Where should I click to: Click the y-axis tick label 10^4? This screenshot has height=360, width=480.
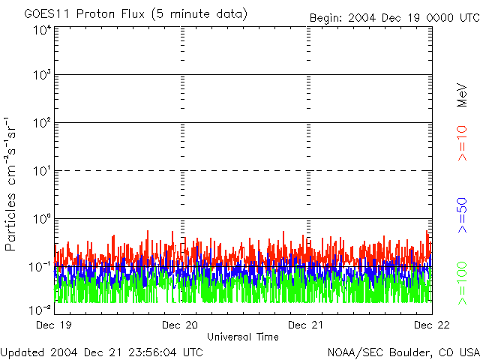coord(42,31)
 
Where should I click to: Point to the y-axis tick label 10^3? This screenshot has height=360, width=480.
coord(42,76)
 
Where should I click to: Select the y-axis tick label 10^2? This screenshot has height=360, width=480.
coord(42,124)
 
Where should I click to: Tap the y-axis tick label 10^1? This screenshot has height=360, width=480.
coord(42,172)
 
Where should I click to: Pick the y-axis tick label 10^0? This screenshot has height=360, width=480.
coord(42,220)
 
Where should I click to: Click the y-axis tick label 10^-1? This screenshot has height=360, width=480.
coord(40,268)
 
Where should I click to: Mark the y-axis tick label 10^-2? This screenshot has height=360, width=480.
coord(40,309)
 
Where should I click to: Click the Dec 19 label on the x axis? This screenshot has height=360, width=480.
coord(54,325)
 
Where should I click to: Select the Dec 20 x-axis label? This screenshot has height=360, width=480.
coord(181,325)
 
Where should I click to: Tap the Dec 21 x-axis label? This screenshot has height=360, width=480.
coord(307,325)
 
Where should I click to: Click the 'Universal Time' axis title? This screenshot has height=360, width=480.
coord(242,337)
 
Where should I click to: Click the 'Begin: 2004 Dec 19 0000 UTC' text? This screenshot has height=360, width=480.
coord(394,17)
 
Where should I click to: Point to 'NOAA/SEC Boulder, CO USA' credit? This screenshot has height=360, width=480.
coord(403,352)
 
